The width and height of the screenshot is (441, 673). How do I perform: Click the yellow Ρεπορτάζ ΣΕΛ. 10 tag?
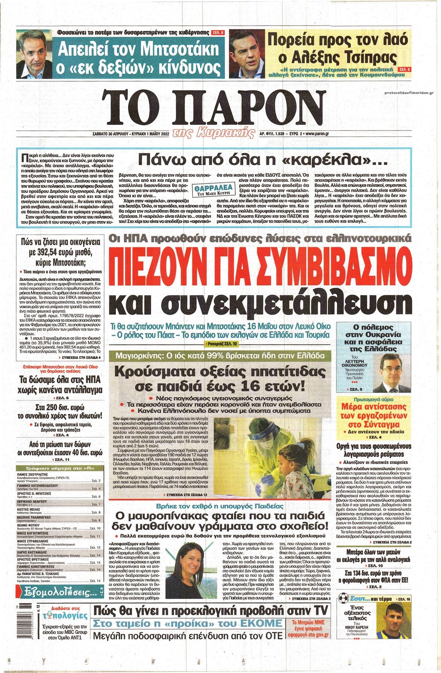pyautogui.click(x=221, y=344)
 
